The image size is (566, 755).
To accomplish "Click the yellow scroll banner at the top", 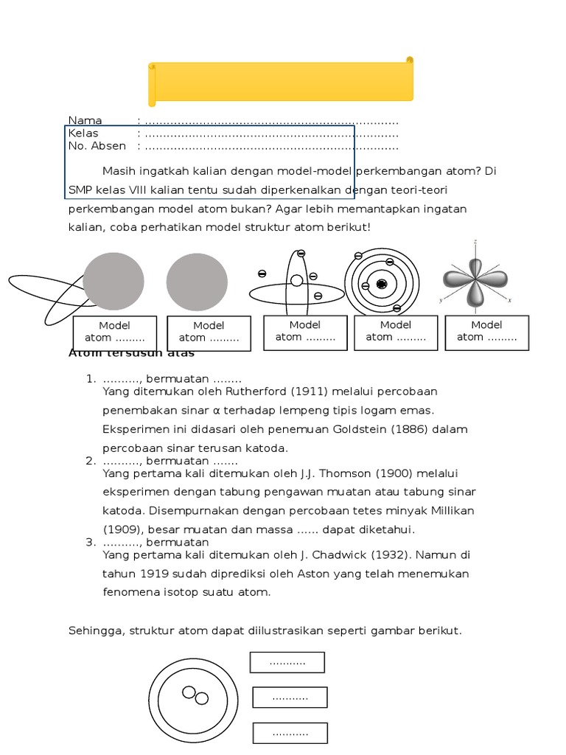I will click(x=281, y=80).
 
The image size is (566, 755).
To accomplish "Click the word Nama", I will click(x=85, y=121).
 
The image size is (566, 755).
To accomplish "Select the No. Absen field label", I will click(x=97, y=146).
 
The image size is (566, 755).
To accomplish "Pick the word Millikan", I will click(x=450, y=511).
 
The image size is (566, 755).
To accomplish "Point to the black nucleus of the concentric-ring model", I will click(x=381, y=284).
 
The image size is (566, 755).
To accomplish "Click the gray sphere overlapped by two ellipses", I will click(x=113, y=281).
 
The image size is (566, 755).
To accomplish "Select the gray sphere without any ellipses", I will click(x=197, y=282).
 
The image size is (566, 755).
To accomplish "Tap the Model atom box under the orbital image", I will click(x=486, y=332).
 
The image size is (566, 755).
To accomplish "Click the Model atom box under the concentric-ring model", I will click(x=396, y=332).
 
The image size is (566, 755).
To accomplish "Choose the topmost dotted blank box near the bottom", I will click(x=287, y=662).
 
